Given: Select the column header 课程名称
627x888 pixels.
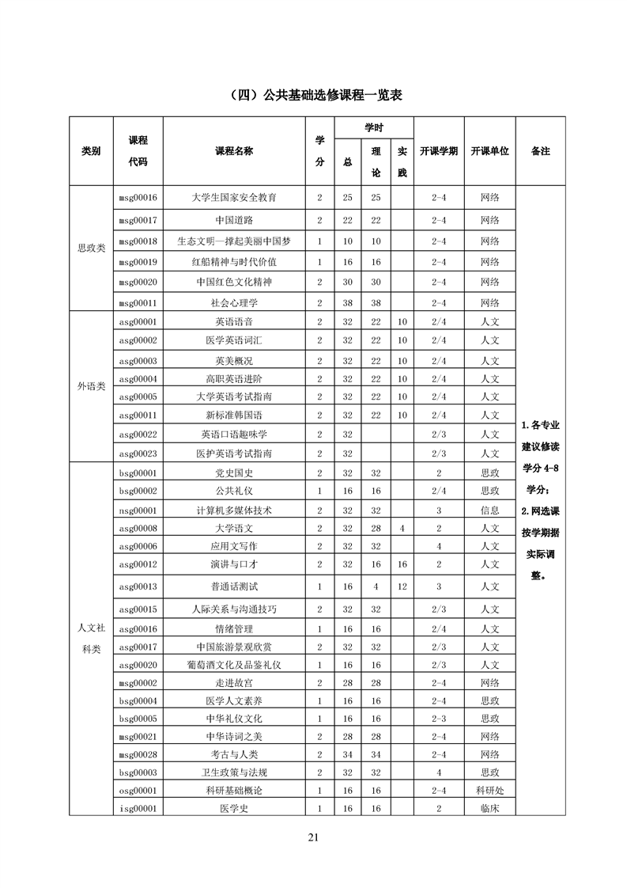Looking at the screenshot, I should [x=239, y=150].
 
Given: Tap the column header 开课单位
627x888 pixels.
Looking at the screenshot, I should [x=489, y=150].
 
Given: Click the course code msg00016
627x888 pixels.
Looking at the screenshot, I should [x=138, y=197].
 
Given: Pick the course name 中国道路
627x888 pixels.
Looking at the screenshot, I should [x=239, y=220].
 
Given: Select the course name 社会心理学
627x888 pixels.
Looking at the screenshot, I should [x=239, y=302].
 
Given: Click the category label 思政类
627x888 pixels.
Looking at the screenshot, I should [x=91, y=248].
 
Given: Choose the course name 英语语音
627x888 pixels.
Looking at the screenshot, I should [x=239, y=321].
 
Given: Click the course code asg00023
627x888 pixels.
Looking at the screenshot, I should [x=138, y=453].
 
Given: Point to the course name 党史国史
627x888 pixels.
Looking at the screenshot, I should [x=239, y=472].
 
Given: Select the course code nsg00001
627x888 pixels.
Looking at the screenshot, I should [x=138, y=510].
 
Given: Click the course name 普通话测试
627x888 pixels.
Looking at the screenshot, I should [x=239, y=586].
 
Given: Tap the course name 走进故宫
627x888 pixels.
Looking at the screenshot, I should [x=239, y=682].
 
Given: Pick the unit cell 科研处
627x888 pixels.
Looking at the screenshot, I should [x=489, y=790].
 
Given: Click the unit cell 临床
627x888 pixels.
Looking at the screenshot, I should [x=489, y=808].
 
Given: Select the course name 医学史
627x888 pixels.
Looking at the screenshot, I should [x=239, y=808].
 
